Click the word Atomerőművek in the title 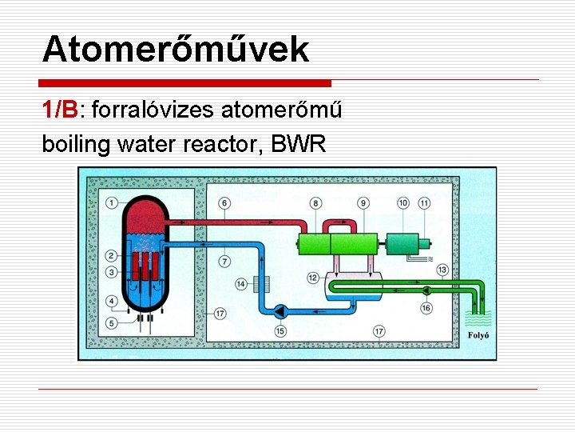point(175,50)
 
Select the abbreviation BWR point(299,145)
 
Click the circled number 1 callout point(113,203)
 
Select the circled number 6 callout point(225,203)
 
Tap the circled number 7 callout point(225,260)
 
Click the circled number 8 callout point(316,203)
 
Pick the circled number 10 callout point(403,203)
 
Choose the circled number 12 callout point(313,278)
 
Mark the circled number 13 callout point(442,270)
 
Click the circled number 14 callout point(241,283)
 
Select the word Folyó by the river point(478,336)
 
